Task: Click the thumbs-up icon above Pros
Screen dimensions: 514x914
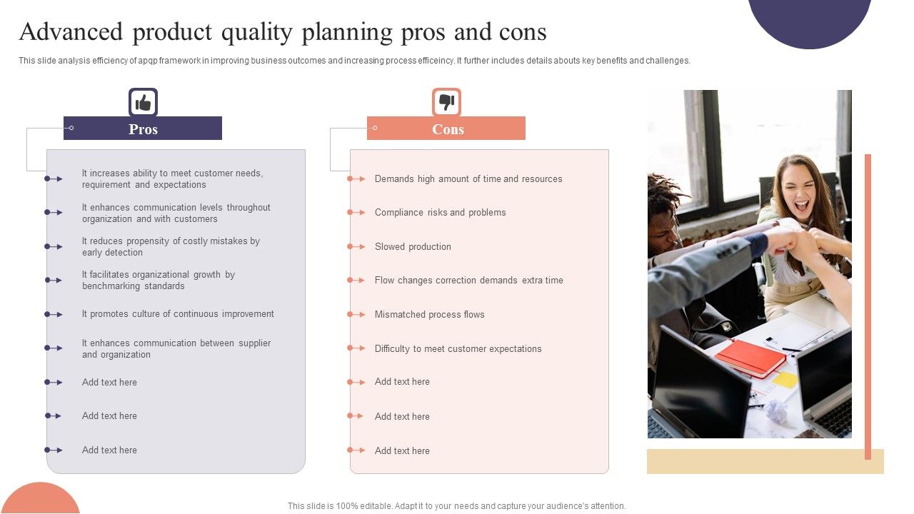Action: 143,103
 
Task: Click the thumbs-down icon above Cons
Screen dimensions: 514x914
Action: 446,103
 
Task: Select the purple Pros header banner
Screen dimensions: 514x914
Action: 143,128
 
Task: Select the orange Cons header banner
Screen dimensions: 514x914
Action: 447,128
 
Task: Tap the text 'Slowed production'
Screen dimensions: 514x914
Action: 413,247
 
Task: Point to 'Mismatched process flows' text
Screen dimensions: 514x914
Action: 429,315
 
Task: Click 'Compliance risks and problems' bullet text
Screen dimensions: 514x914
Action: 440,213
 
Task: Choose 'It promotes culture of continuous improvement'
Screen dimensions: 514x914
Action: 178,314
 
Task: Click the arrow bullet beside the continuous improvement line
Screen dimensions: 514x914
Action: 54,315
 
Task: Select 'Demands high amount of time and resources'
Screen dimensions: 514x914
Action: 468,179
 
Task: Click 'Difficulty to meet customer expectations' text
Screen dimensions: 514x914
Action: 458,349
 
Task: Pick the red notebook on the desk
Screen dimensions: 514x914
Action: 749,358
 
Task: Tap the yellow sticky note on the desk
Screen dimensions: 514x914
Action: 785,380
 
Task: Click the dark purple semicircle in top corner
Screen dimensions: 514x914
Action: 809,18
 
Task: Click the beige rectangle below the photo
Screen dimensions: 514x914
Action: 765,462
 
